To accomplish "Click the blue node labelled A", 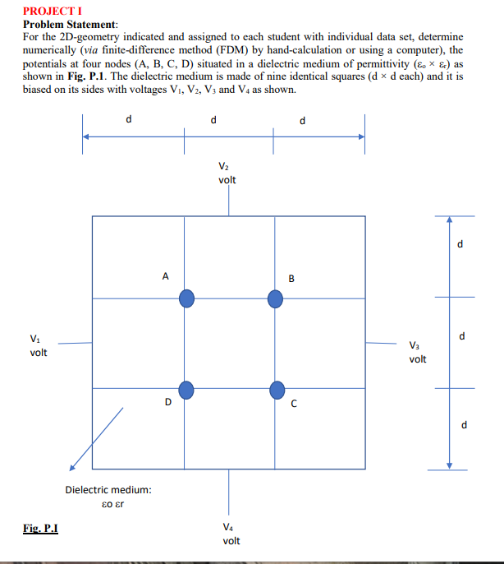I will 187,298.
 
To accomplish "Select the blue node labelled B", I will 277,298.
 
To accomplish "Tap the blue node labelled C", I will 277,390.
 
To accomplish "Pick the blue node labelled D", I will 187,390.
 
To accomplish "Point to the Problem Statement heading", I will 71,25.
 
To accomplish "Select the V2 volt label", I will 228,171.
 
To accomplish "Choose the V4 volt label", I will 231,533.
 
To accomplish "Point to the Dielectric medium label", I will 108,490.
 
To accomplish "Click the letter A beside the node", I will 165,277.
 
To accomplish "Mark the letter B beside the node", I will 291,277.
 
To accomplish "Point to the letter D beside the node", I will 167,402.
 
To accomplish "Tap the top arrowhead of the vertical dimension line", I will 449,220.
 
